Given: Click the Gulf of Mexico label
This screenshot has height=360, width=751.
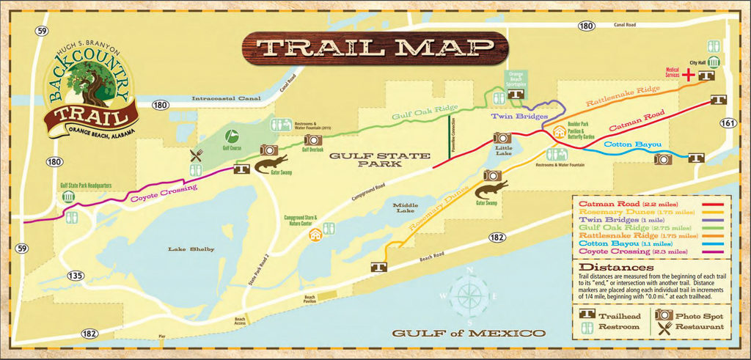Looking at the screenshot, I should click(468, 334).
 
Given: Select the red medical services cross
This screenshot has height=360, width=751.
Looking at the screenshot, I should click(689, 75).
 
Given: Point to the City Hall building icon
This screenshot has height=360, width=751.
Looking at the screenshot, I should click(714, 62).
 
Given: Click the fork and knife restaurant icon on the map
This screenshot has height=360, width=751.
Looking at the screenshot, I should click(196, 155).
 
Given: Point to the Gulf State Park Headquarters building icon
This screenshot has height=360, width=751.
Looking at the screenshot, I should click(69, 198).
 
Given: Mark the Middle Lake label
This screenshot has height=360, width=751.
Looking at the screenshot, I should click(405, 208).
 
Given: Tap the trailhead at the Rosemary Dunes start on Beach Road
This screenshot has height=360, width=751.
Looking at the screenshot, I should click(380, 268).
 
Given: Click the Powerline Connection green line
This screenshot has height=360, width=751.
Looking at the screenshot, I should click(449, 139).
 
